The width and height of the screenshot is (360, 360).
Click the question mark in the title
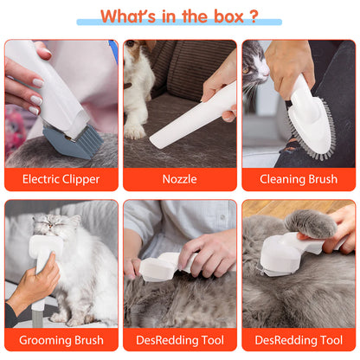click(x=252, y=16)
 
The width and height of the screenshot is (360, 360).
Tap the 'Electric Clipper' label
click(x=60, y=179)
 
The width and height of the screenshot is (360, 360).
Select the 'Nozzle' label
click(x=179, y=179)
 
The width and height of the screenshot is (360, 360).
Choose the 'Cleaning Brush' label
click(x=299, y=179)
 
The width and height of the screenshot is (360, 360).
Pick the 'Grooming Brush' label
click(x=60, y=340)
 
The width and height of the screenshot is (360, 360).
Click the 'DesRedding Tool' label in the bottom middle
click(x=179, y=340)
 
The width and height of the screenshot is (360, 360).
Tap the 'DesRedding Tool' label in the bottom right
click(x=299, y=340)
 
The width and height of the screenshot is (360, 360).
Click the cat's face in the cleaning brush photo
click(x=254, y=65)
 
